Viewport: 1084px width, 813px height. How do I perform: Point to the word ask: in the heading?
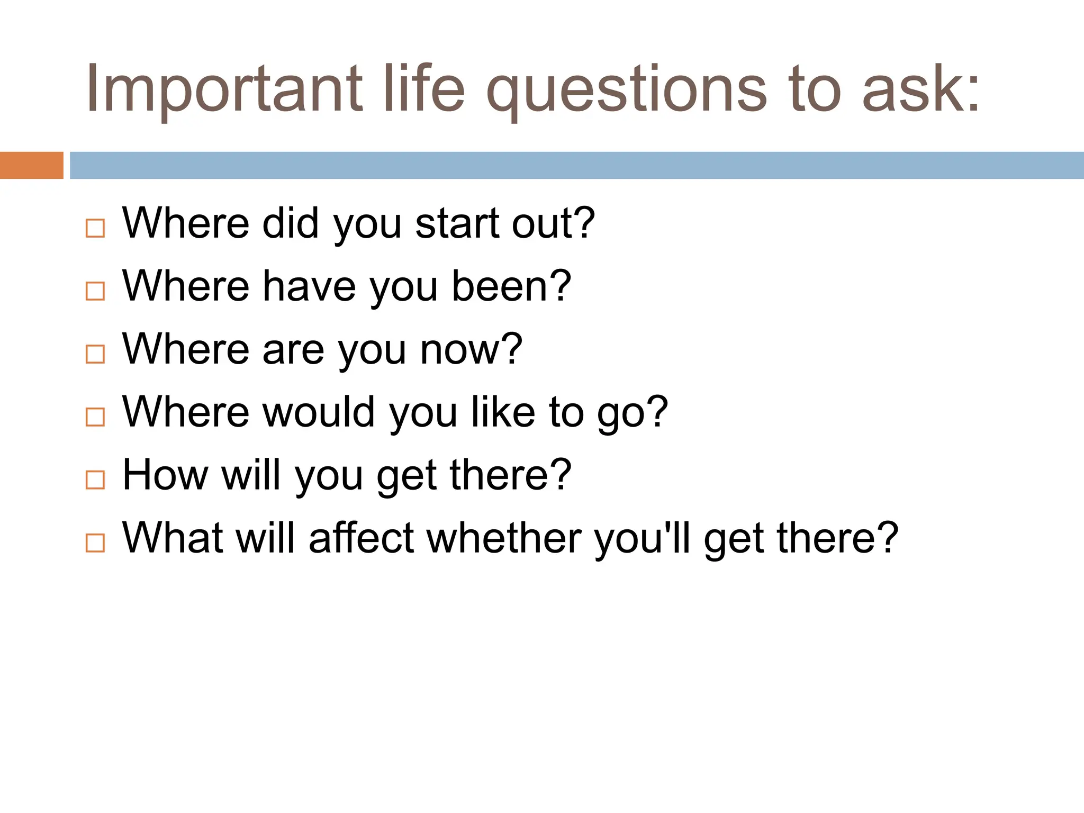921,89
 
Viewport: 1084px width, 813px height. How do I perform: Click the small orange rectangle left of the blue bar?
31,165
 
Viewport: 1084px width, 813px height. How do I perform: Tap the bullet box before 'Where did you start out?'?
95,228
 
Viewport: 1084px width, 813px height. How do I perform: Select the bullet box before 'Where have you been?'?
95,291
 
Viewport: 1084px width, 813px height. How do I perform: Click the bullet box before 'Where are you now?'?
95,354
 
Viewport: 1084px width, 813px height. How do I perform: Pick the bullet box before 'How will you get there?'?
95,480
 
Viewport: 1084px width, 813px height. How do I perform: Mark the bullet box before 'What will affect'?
95,543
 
